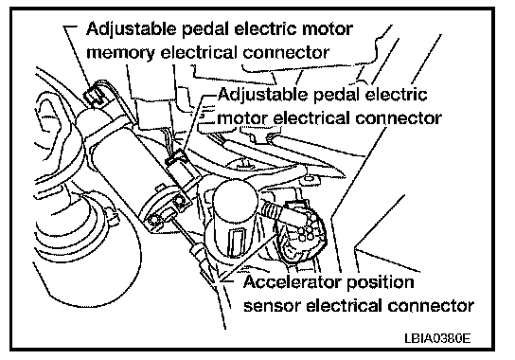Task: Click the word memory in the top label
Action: coord(119,54)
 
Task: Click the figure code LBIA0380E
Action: coord(437,338)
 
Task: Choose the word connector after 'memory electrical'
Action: coord(286,54)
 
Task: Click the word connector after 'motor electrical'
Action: coord(399,118)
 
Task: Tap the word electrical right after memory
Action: coord(198,53)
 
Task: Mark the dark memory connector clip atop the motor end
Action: coord(95,96)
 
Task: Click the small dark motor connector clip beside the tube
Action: coord(176,157)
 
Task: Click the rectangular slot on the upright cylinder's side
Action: coord(237,242)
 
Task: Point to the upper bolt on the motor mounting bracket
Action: coord(179,201)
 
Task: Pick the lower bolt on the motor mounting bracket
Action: coord(153,219)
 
